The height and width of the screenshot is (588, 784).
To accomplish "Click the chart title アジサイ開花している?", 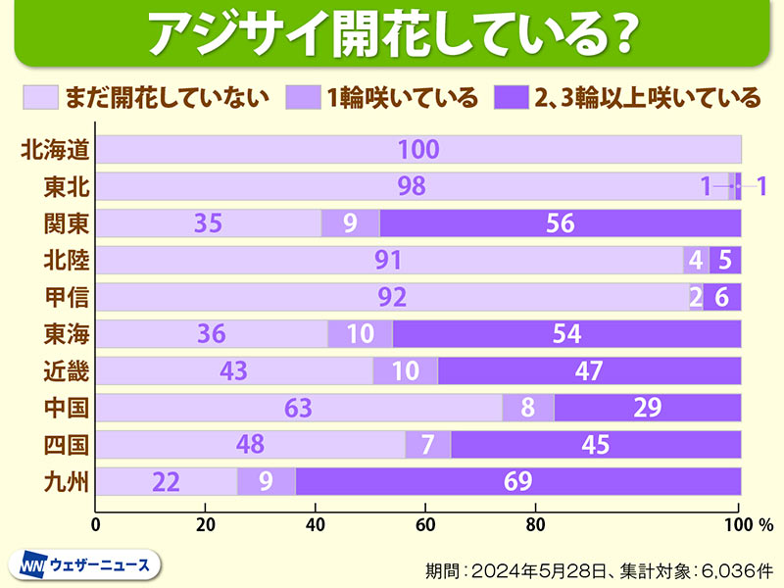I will pyautogui.click(x=391, y=34).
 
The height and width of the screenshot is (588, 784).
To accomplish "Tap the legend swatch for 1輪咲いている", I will pyautogui.click(x=302, y=97).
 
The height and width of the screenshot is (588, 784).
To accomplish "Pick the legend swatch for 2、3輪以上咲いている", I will pyautogui.click(x=511, y=97).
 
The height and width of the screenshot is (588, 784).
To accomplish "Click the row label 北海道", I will pyautogui.click(x=55, y=150).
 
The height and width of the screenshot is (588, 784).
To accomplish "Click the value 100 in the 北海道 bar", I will pyautogui.click(x=418, y=150).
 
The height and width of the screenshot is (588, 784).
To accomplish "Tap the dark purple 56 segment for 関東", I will pyautogui.click(x=560, y=223).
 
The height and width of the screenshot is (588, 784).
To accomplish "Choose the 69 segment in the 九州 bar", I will pyautogui.click(x=517, y=481).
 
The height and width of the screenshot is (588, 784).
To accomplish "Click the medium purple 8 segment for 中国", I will pyautogui.click(x=528, y=408).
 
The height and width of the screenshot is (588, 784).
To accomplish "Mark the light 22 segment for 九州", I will pyautogui.click(x=168, y=481).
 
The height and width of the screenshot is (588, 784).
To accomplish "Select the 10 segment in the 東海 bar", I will pyautogui.click(x=360, y=334).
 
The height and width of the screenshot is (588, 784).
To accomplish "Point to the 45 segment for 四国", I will pyautogui.click(x=595, y=445).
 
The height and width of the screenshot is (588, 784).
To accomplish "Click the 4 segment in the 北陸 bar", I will pyautogui.click(x=696, y=261).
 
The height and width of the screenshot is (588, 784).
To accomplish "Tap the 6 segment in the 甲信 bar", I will pyautogui.click(x=722, y=297).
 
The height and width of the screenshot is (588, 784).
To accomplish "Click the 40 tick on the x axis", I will pyautogui.click(x=316, y=523).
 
